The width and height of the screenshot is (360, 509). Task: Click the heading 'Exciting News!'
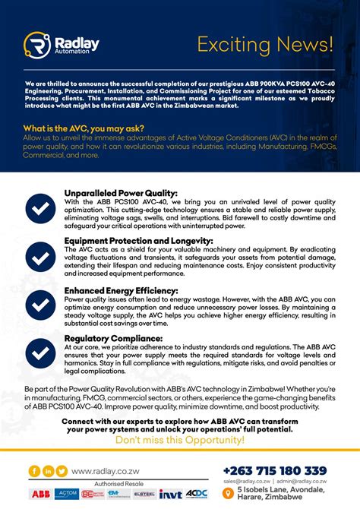pyautogui.click(x=264, y=44)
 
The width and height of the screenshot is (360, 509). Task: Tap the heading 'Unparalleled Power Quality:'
pyautogui.click(x=122, y=193)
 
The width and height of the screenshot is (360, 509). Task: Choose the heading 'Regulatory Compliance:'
pyautogui.click(x=112, y=337)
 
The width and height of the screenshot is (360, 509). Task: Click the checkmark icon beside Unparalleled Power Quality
pyautogui.click(x=37, y=207)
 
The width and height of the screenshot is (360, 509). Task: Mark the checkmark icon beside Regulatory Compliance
pyautogui.click(x=37, y=350)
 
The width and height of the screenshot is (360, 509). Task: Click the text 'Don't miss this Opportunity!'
pyautogui.click(x=179, y=439)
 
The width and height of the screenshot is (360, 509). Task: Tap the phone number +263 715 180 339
pyautogui.click(x=274, y=470)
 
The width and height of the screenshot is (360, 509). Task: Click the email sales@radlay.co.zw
pyautogui.click(x=248, y=482)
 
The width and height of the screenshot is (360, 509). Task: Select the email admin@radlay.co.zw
pyautogui.click(x=303, y=482)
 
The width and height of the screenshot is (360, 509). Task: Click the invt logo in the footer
pyautogui.click(x=169, y=495)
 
